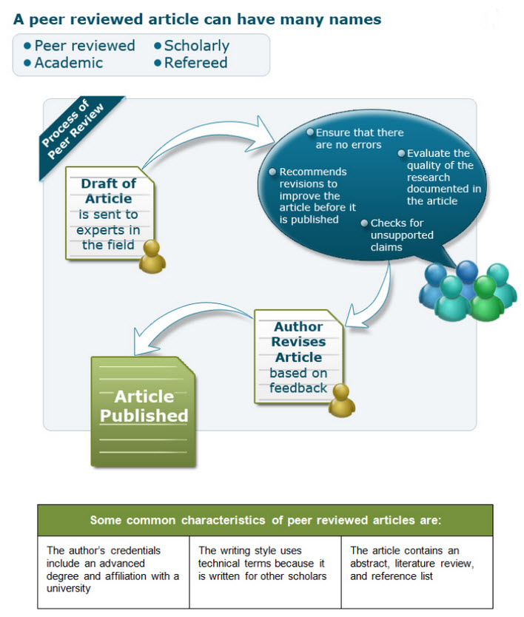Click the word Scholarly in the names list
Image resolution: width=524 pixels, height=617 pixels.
coord(196,46)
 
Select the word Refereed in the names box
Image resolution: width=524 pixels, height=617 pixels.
coord(195,63)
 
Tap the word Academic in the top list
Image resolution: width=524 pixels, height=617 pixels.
coord(69,63)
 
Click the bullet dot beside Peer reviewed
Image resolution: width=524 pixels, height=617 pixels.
coord(27,46)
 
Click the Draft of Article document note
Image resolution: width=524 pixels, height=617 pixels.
coord(109,213)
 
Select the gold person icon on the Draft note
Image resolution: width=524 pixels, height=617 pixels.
coord(152,257)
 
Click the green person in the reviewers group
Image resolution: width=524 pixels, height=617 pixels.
coord(486,298)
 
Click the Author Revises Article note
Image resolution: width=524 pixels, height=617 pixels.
coord(298,357)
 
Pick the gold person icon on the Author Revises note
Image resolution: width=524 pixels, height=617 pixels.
coord(341,400)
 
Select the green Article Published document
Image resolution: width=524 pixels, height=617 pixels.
coord(144,411)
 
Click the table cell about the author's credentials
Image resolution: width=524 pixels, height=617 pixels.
coord(113,572)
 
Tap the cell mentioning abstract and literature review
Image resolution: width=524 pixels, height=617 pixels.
coord(417,572)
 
